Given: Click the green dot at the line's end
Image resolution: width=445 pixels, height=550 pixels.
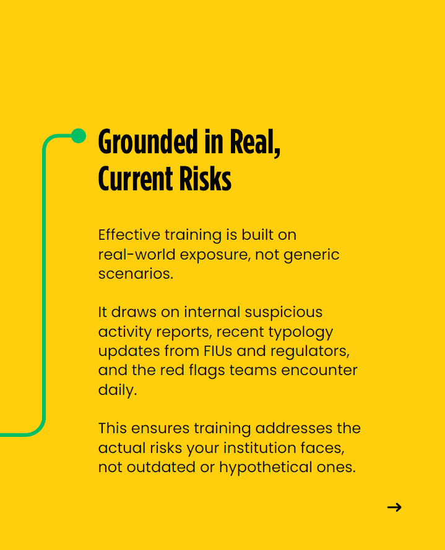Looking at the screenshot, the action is pos(79,136).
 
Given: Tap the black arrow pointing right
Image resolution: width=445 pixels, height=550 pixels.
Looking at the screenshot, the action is pos(394,507).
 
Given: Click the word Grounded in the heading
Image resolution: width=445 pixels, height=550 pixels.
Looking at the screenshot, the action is pos(148,142).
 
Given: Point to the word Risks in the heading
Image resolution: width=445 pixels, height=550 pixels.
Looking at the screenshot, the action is pos(205,179).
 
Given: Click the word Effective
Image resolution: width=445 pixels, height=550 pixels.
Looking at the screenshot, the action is pos(129,235).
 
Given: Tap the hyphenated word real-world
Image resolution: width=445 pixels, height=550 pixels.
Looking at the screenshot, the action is pos(137,255).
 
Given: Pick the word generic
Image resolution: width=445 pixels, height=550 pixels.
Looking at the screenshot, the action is pos(311,255).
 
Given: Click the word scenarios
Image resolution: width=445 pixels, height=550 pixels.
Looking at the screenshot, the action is pos(136,274).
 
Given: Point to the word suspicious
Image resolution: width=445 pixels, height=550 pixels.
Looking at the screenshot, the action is pos(283,313).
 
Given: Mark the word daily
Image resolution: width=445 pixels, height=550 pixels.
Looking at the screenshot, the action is pos(118,391).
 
